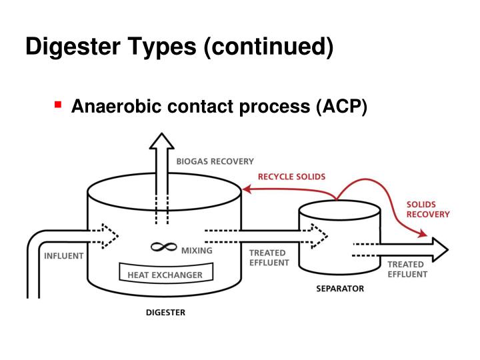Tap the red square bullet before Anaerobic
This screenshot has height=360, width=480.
click(58, 105)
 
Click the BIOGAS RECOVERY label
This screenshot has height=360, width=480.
click(215, 161)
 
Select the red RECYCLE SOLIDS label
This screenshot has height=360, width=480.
click(292, 177)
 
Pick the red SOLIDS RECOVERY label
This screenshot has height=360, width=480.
click(427, 209)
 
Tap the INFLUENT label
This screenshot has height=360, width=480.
click(64, 255)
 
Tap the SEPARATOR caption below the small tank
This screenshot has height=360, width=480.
click(339, 289)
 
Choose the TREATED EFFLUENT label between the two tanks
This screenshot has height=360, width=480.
click(268, 257)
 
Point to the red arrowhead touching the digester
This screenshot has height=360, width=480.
click(246, 189)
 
